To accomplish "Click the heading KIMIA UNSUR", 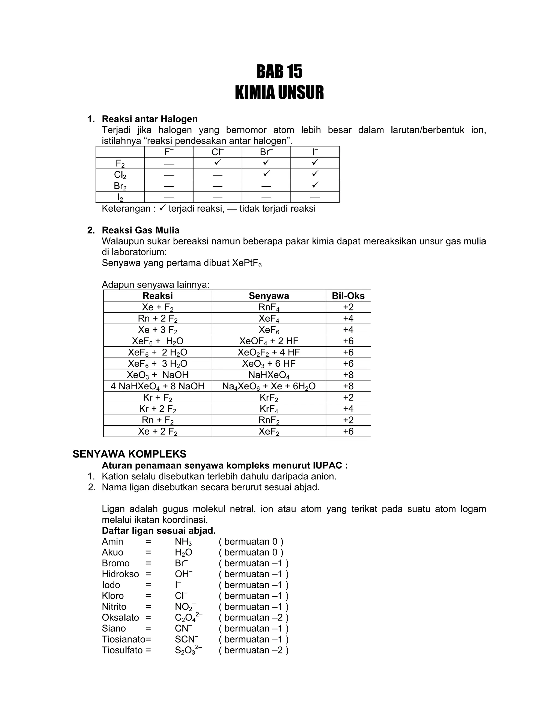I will coord(279,93).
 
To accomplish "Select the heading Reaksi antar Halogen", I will coord(149,119).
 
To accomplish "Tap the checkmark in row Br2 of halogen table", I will coord(315,185).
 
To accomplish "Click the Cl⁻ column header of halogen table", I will coord(217,152).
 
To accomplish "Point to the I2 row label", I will coord(120,197).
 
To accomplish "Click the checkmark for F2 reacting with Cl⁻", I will coord(217,163).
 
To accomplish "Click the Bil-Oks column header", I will coord(348,296).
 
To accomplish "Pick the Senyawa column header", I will coord(269,296).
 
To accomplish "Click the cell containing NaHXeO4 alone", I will coord(269,375).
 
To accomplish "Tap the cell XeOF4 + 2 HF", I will coord(269,341).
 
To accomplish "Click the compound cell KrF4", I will coord(269,409).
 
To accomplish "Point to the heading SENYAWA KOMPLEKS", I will coord(129,454).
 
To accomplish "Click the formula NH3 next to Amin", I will coord(183,542).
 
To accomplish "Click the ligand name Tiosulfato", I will coord(122,650).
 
